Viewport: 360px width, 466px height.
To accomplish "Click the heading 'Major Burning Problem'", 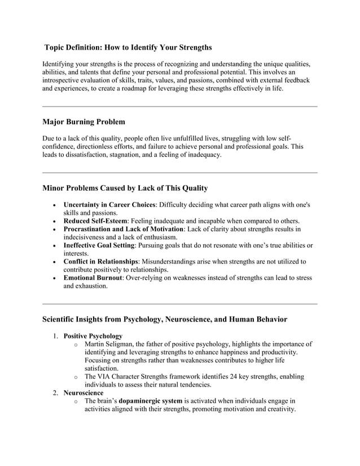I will coord(84,122).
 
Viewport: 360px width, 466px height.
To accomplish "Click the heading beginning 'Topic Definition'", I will coord(128,47).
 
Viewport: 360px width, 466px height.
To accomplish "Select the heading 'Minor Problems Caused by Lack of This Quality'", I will coord(125,188).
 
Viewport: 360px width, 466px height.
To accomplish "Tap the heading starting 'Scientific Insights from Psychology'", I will coord(165,319).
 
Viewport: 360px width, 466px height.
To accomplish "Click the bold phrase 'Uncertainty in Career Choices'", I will coord(109,204).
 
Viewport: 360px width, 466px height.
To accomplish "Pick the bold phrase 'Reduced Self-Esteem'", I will coord(95,221).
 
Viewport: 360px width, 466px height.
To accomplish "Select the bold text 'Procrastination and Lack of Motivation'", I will coord(124,229).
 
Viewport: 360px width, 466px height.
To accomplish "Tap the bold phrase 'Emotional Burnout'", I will coord(93,278).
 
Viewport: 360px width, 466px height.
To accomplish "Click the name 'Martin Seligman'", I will coord(111,344).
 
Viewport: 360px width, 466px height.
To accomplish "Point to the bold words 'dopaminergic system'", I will coord(150,401).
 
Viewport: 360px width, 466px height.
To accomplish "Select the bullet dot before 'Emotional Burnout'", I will coord(53,278).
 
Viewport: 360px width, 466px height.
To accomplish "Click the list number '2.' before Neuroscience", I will coord(56,393).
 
